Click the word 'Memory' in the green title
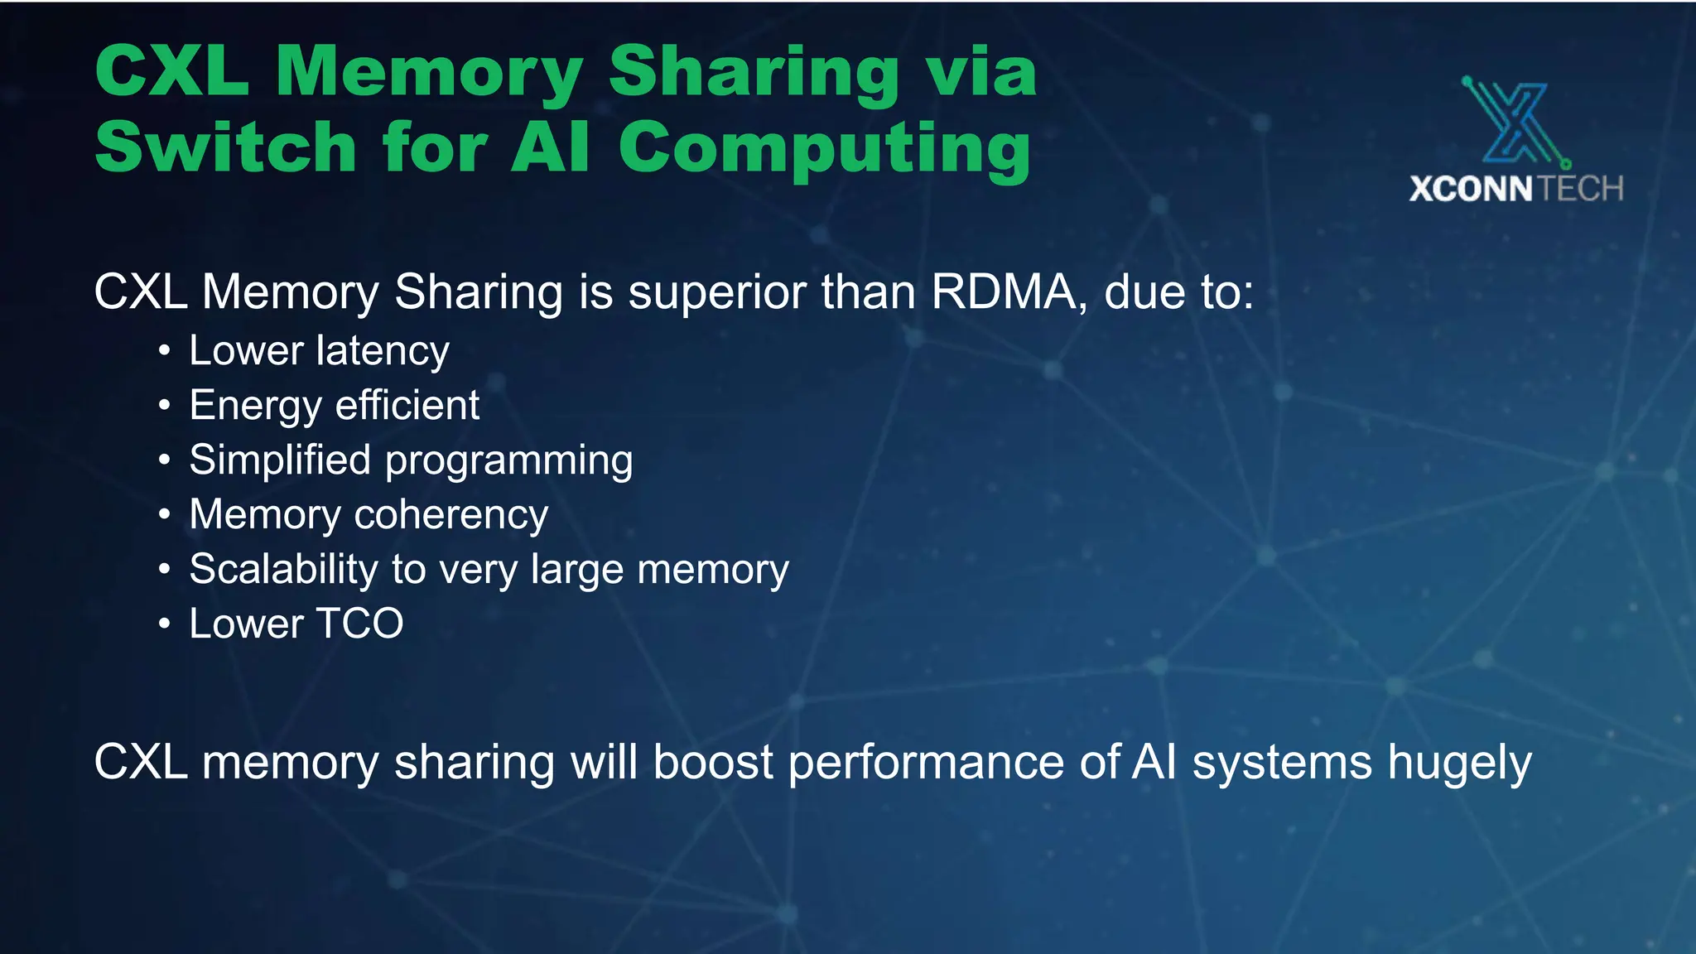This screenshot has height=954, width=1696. [429, 73]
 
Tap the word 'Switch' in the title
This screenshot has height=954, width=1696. [225, 147]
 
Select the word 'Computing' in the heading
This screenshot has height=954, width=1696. [824, 149]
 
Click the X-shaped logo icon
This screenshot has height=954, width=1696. [1515, 123]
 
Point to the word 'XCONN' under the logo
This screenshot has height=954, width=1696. [1471, 190]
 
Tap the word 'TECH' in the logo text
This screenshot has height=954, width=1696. [1581, 190]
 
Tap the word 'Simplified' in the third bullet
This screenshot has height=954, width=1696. [280, 460]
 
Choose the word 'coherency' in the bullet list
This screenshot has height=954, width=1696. [451, 515]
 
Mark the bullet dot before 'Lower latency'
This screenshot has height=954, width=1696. [165, 351]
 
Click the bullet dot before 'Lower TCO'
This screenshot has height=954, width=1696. [165, 624]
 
